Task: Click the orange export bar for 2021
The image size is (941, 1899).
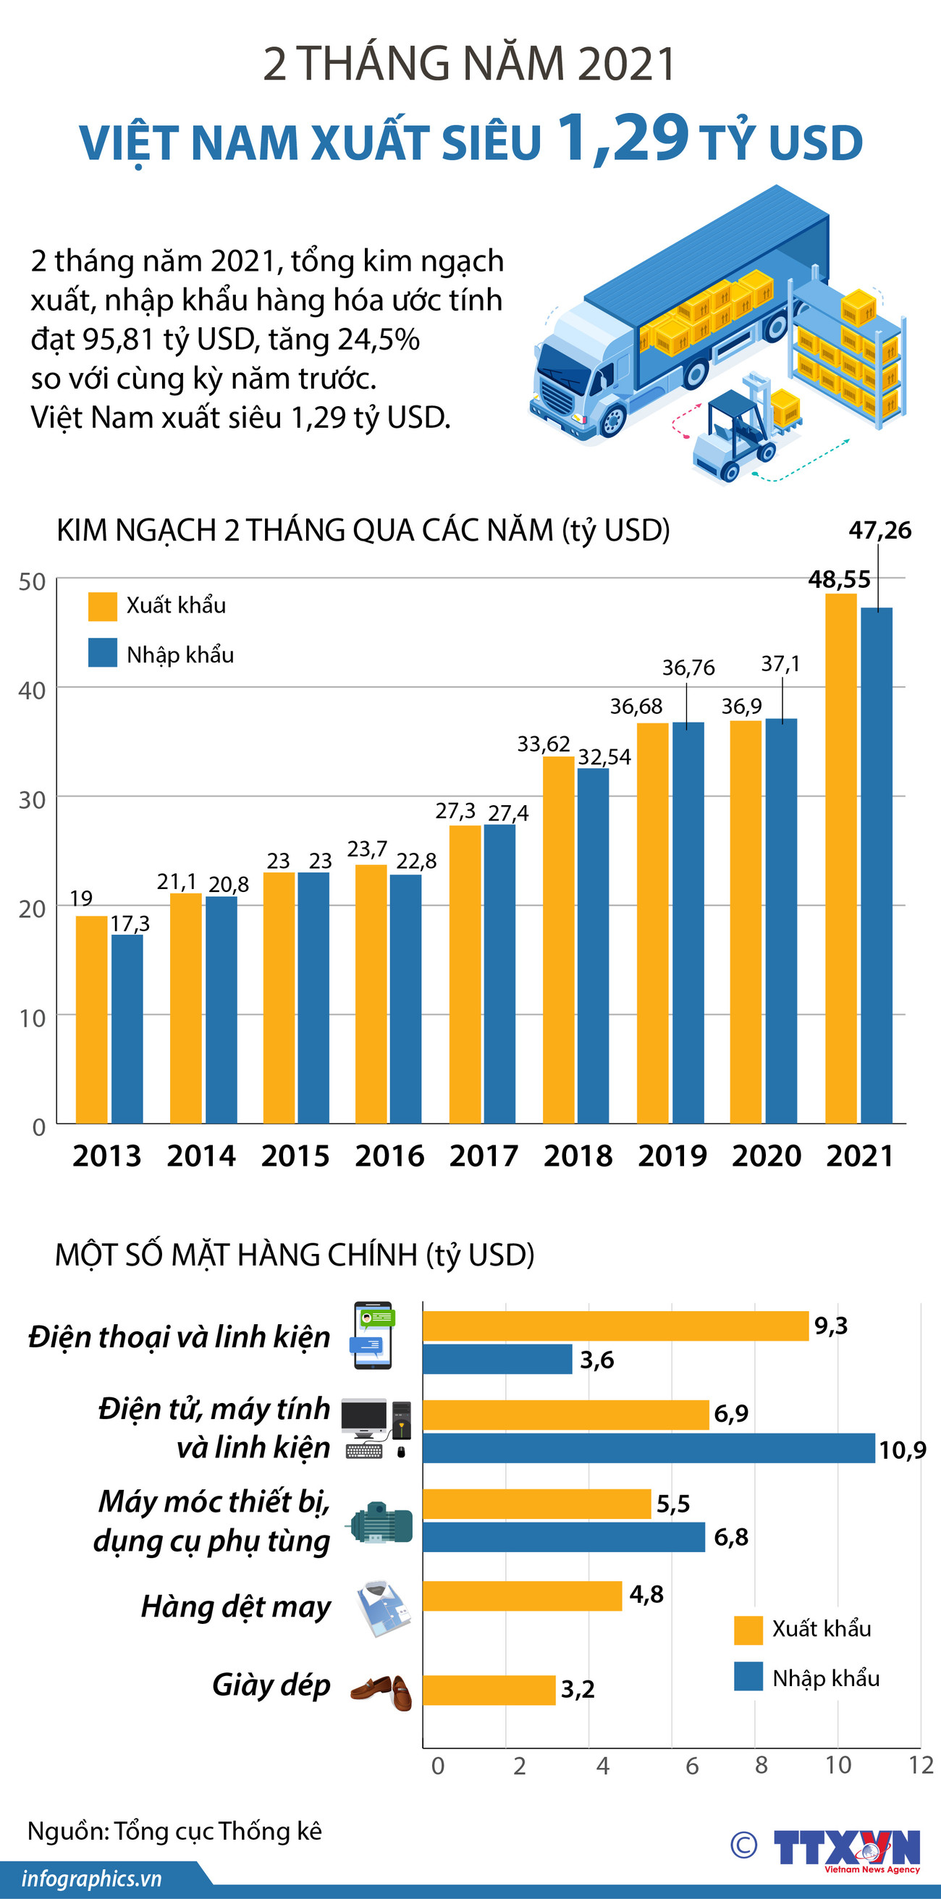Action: [840, 859]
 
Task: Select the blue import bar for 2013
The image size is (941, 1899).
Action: [127, 1029]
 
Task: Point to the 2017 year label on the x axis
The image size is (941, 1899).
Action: [484, 1156]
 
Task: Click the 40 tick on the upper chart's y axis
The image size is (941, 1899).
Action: [32, 691]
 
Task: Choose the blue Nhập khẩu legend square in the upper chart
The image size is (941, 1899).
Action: [103, 653]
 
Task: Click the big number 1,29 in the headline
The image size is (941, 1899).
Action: [623, 138]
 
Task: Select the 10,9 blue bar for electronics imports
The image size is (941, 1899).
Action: [649, 1448]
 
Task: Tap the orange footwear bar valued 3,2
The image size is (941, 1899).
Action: [489, 1690]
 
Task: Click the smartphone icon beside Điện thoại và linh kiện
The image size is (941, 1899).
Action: [373, 1335]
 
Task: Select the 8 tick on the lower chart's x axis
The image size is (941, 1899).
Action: [761, 1765]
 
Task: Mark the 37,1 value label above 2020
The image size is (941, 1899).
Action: [780, 664]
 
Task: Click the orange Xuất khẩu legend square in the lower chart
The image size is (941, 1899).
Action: [748, 1630]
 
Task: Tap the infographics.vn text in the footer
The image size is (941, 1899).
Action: [91, 1878]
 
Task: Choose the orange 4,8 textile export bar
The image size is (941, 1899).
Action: [522, 1596]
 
